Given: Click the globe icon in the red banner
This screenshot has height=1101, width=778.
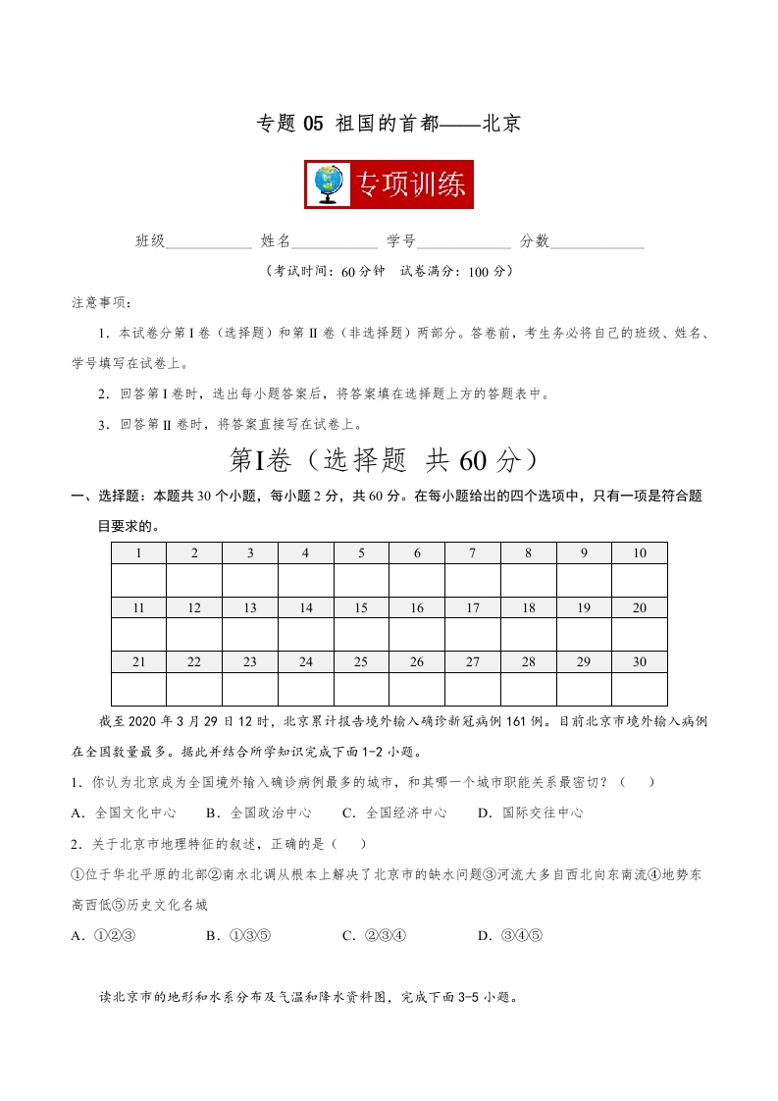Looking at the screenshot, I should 328,184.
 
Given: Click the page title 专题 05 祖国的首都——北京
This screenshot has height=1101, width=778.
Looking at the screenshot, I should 389,124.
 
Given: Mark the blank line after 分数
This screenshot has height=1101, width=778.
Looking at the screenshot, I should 597,242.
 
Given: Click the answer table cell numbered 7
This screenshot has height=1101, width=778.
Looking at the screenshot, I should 473,553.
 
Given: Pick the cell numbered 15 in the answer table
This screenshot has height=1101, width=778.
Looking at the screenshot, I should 361,608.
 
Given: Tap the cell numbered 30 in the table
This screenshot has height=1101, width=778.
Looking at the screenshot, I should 640,662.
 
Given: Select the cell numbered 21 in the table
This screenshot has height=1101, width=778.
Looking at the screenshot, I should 138,662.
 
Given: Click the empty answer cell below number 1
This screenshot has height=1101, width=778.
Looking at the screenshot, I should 138,580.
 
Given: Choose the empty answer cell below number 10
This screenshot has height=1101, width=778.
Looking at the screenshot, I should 640,580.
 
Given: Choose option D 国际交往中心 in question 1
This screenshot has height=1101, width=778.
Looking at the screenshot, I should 530,813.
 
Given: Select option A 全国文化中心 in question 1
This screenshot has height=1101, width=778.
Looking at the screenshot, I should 125,813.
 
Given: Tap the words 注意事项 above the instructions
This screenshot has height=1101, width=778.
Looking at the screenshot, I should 100,301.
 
